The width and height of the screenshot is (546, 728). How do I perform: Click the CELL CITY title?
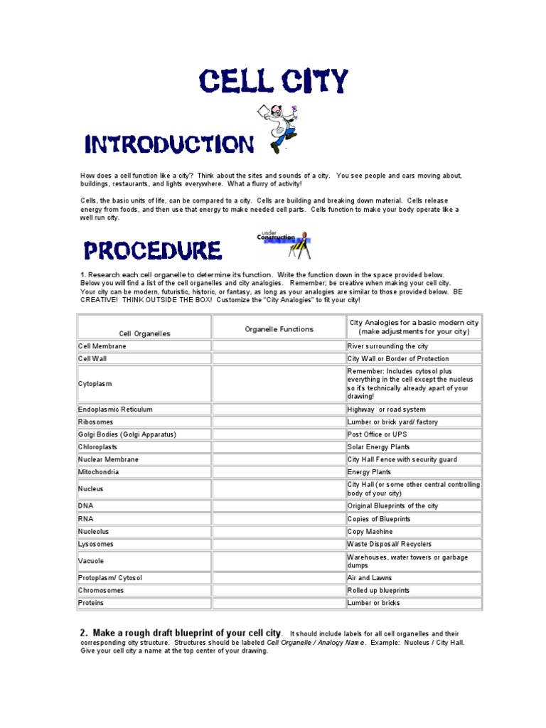[x=274, y=82]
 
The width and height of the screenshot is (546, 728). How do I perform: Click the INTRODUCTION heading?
[x=168, y=145]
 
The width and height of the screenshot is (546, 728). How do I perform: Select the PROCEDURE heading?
[x=153, y=250]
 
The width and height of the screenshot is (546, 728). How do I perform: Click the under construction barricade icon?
[x=284, y=243]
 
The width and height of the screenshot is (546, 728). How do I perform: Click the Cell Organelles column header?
[x=144, y=333]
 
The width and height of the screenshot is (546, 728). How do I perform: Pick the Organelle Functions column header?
[x=279, y=329]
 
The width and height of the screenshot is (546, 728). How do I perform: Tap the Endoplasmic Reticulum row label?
[x=115, y=409]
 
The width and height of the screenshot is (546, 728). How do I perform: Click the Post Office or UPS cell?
[x=377, y=434]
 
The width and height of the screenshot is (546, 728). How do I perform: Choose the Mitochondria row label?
[x=99, y=472]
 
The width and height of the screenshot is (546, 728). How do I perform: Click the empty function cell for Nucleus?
[x=279, y=489]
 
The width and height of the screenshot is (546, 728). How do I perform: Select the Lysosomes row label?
[x=96, y=544]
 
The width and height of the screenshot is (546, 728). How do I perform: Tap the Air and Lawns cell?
[x=370, y=578]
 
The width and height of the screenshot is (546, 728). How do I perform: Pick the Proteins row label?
[x=91, y=603]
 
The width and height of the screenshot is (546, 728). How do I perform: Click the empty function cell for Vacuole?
[x=279, y=561]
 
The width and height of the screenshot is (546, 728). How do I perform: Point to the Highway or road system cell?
[x=387, y=409]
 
